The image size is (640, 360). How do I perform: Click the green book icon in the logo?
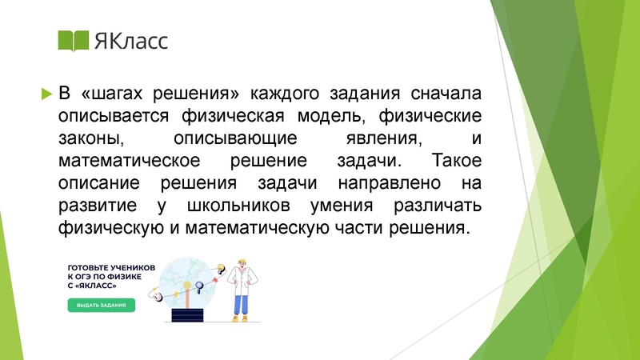[74, 40]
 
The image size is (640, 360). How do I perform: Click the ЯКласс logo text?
[131, 40]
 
